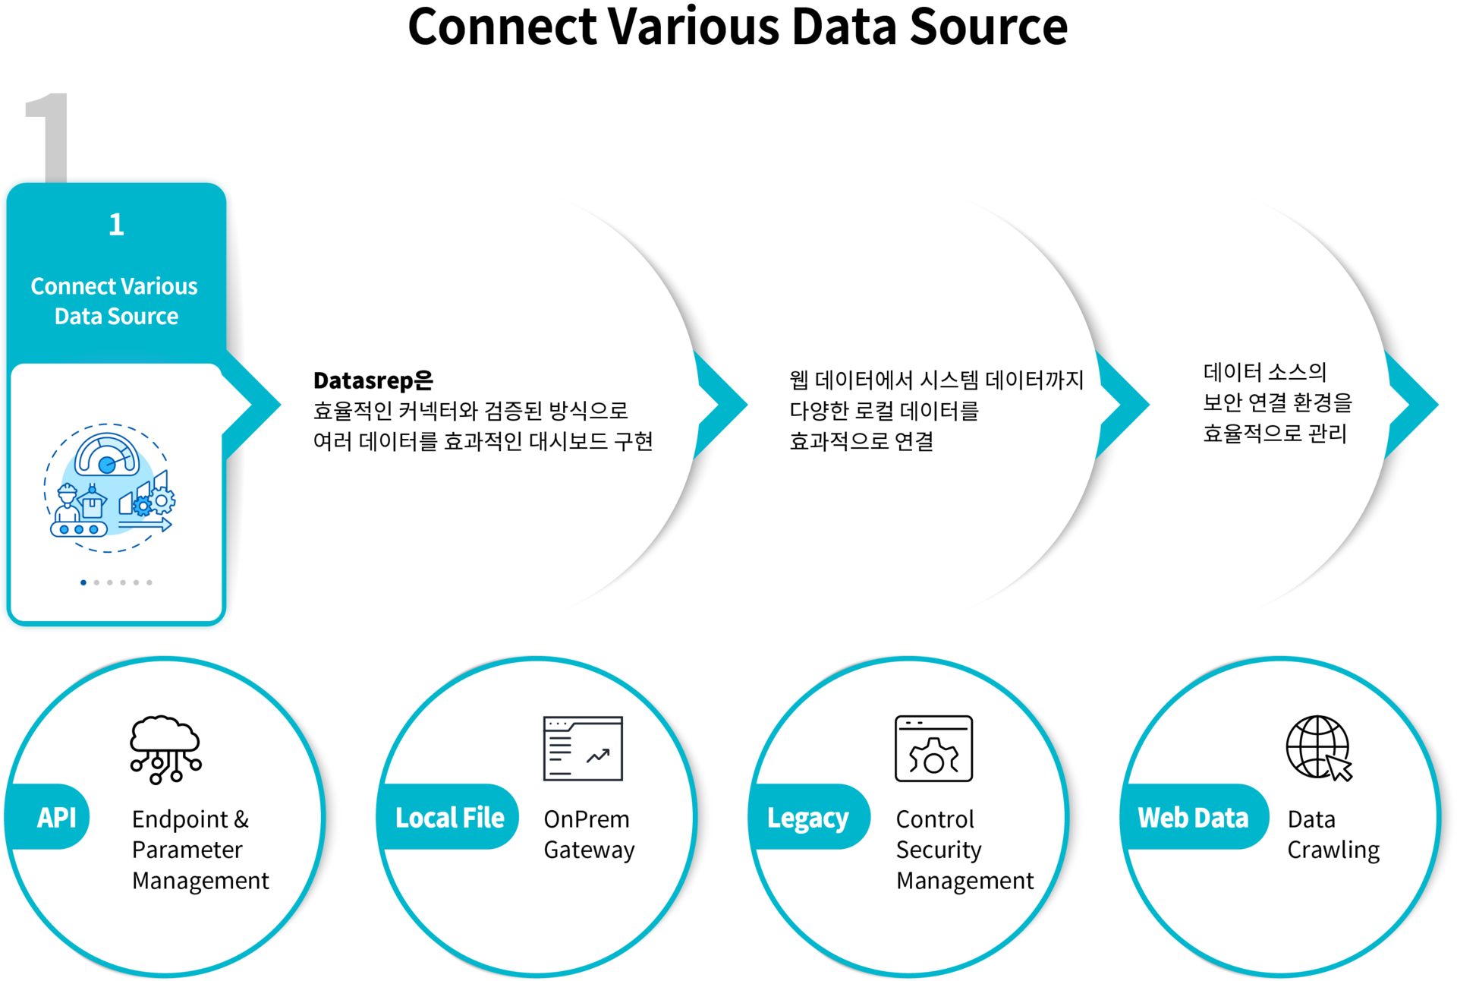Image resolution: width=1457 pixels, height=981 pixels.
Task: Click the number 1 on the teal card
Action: click(x=116, y=225)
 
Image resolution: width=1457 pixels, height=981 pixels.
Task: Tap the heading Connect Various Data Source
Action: click(x=115, y=301)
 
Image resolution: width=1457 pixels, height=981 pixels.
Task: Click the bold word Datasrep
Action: click(x=363, y=380)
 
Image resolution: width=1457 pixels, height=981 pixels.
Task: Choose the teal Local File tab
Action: click(x=449, y=817)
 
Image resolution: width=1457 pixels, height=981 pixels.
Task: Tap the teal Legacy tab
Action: click(x=807, y=818)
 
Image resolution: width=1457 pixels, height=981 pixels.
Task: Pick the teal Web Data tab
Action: click(x=1192, y=817)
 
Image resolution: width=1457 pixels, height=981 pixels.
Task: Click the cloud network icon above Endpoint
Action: click(x=165, y=749)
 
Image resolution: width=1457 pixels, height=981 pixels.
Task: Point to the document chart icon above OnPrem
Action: click(x=583, y=749)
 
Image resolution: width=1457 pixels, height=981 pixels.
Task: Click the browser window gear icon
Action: click(x=933, y=749)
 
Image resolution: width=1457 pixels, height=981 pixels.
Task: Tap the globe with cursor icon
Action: click(x=1319, y=749)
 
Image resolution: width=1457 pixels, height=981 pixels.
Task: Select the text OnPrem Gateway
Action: click(x=589, y=834)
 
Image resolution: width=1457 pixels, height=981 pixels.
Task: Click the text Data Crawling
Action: click(x=1333, y=834)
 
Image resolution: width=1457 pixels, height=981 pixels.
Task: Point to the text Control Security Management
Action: click(x=964, y=850)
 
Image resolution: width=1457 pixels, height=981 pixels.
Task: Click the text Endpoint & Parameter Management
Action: click(x=200, y=850)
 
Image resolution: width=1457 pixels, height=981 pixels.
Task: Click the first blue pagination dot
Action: click(x=83, y=582)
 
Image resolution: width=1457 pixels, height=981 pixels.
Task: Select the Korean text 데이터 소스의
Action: click(x=1264, y=372)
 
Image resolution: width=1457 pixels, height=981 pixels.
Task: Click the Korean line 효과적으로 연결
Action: click(x=861, y=441)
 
